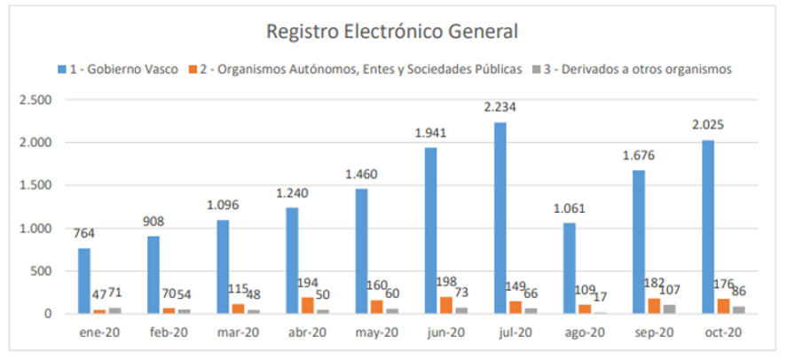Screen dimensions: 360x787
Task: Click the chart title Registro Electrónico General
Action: [x=392, y=32]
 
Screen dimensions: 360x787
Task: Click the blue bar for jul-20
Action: [x=500, y=217]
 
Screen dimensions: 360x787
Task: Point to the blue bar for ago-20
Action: [x=569, y=268]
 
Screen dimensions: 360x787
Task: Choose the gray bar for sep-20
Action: [x=668, y=309]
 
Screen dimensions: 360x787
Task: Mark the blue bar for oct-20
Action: [x=707, y=226]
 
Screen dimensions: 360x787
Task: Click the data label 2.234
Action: [x=500, y=107]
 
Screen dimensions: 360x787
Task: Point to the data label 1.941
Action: [x=431, y=133]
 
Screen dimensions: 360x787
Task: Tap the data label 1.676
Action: [x=639, y=155]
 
